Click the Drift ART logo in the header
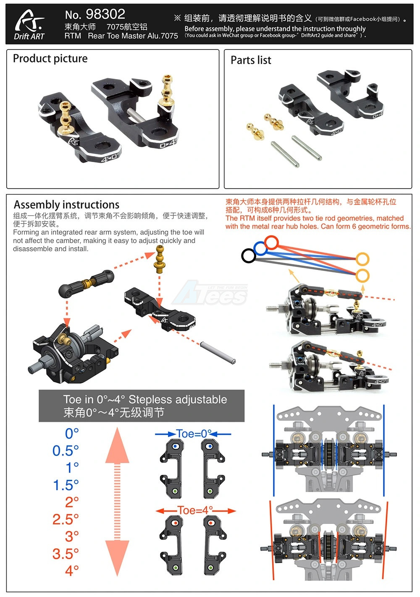29,25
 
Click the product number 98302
105,14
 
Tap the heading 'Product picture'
50,58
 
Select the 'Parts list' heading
251,60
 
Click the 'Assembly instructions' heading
66,205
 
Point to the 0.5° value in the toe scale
66,450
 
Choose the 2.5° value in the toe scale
66,519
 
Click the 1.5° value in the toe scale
66,485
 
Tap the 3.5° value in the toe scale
66,554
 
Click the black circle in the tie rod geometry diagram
249,256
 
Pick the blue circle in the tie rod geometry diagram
260,249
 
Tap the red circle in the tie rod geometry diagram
272,243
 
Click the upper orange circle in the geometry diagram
362,259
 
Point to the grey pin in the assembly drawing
218,353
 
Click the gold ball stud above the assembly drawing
160,257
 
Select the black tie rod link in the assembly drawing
86,283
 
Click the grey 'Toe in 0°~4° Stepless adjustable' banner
142,406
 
